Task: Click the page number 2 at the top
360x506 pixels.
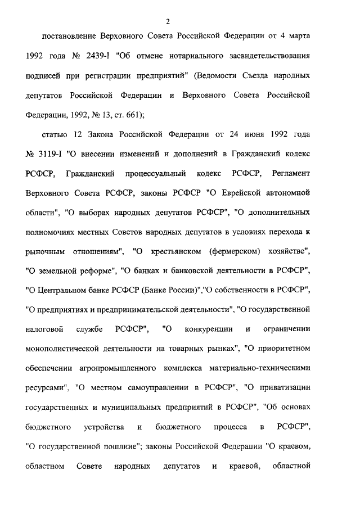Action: point(168,22)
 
